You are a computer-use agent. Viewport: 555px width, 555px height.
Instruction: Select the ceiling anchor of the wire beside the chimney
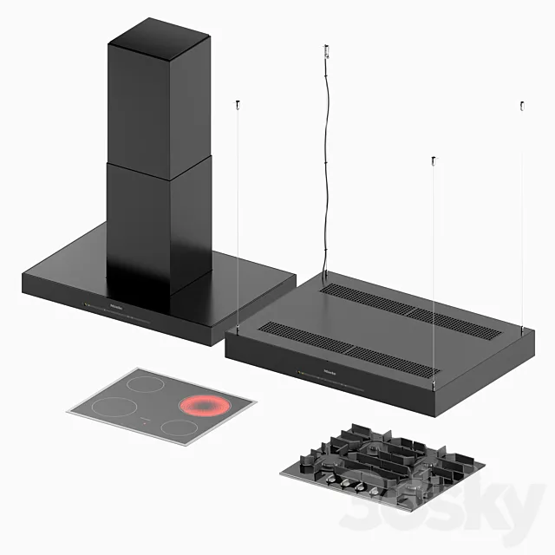tap(237, 106)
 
